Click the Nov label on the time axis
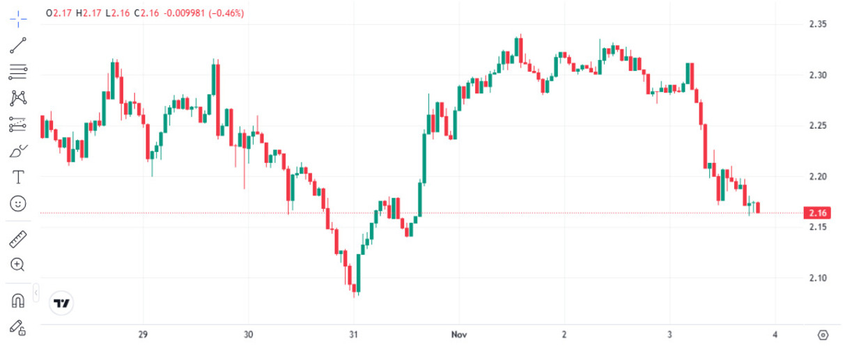click(x=458, y=335)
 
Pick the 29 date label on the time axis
click(x=143, y=335)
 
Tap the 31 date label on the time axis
click(x=353, y=335)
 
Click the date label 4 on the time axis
click(x=774, y=335)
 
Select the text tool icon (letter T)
click(x=18, y=177)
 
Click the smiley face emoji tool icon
click(x=18, y=203)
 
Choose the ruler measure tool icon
click(x=18, y=240)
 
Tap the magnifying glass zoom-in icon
click(x=18, y=265)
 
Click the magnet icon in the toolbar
click(x=18, y=301)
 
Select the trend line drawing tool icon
click(x=18, y=46)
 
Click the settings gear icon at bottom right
click(x=823, y=335)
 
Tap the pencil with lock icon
click(x=18, y=327)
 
